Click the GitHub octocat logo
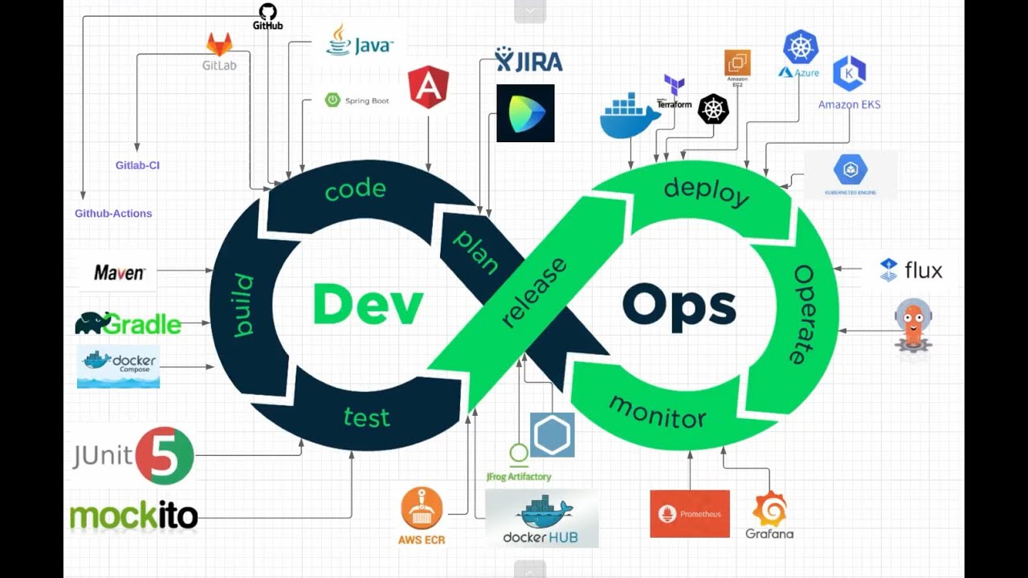[x=267, y=11]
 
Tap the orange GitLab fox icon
[x=219, y=44]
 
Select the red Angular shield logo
[x=428, y=87]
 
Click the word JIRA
[x=540, y=61]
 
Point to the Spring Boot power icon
[x=332, y=100]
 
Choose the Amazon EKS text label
[x=849, y=104]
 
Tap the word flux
[x=923, y=271]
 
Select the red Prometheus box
[x=690, y=514]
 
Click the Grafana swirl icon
[x=769, y=509]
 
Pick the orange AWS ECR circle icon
[x=422, y=508]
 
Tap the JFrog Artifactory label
[x=519, y=476]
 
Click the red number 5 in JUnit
[x=164, y=456]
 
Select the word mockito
[x=133, y=516]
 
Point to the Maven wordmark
[x=119, y=273]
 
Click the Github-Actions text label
[x=113, y=214]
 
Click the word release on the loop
[x=534, y=292]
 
